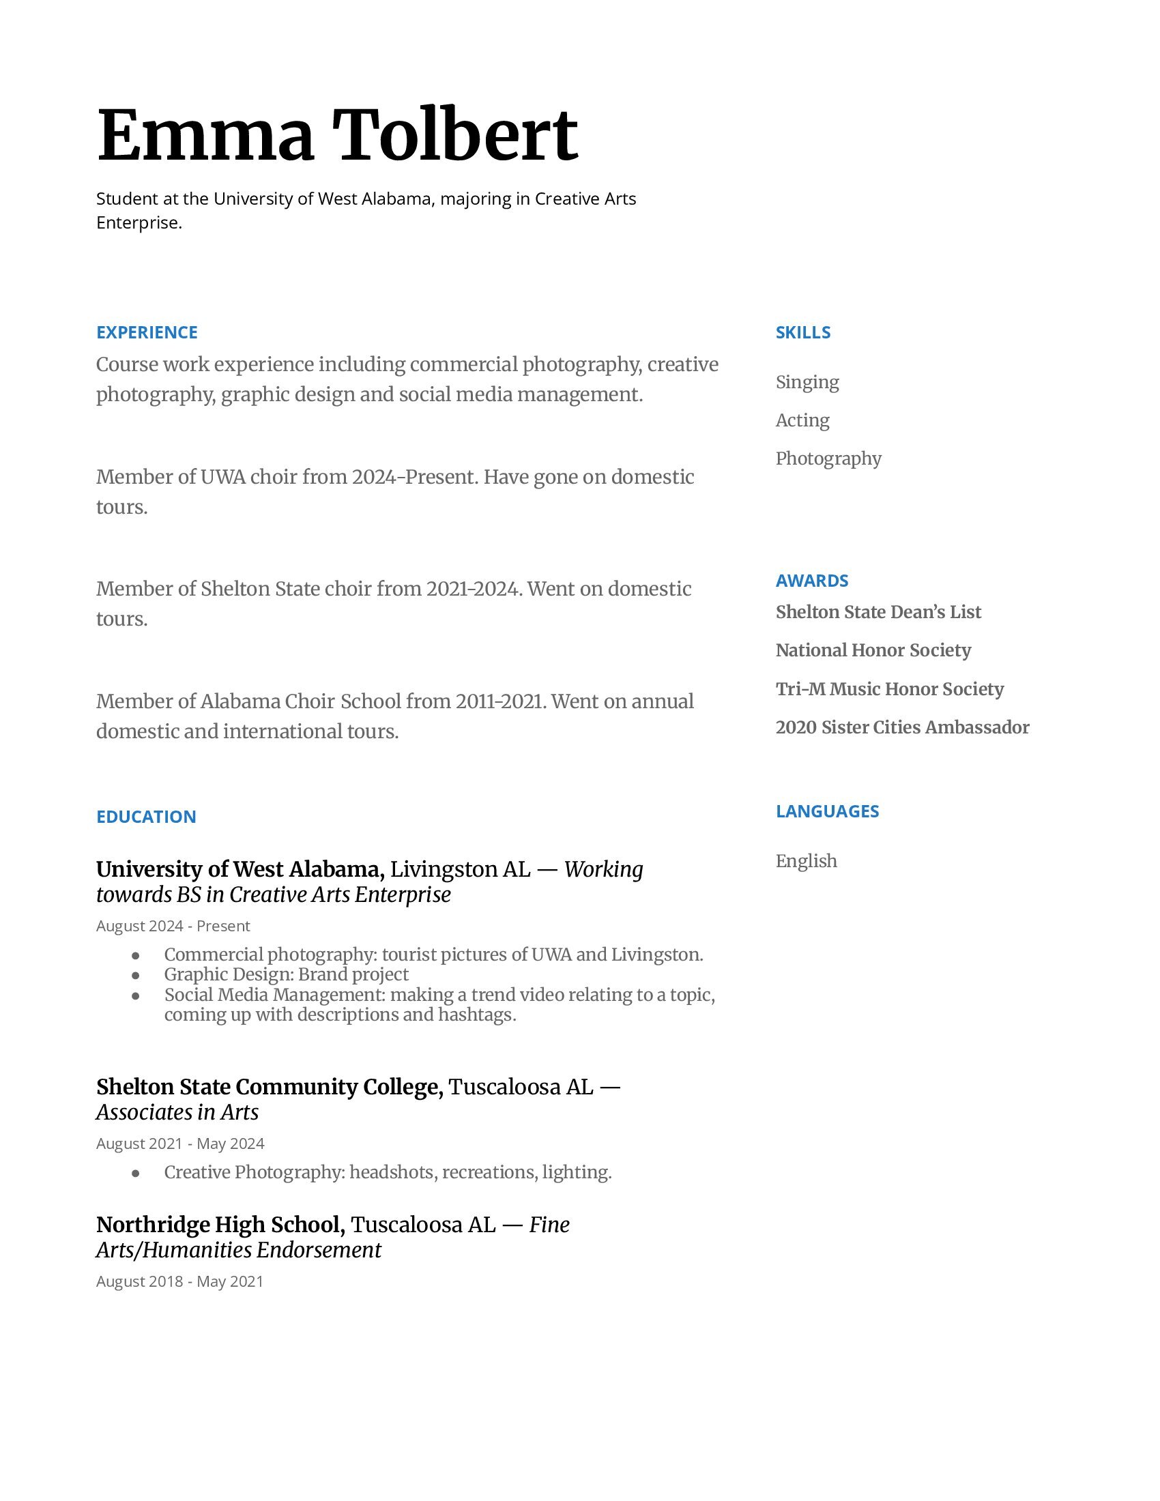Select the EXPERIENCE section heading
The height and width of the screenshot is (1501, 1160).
pyautogui.click(x=147, y=333)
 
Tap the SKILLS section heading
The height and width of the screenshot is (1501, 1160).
pyautogui.click(x=802, y=333)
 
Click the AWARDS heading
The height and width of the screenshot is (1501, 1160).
pyautogui.click(x=811, y=581)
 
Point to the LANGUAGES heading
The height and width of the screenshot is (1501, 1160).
pyautogui.click(x=827, y=811)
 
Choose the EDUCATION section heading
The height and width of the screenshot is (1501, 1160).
pyautogui.click(x=146, y=817)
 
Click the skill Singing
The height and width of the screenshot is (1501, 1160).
pyautogui.click(x=807, y=382)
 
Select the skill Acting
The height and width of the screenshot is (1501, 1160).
pyautogui.click(x=802, y=420)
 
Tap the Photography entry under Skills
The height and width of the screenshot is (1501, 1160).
pyautogui.click(x=828, y=458)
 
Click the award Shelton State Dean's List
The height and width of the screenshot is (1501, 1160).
pyautogui.click(x=878, y=612)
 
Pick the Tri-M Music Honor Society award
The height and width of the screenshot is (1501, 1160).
pyautogui.click(x=889, y=688)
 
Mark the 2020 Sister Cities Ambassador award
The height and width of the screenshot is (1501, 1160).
pyautogui.click(x=901, y=727)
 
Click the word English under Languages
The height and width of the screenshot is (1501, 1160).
pyautogui.click(x=806, y=861)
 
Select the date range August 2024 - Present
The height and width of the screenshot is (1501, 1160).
pyautogui.click(x=173, y=926)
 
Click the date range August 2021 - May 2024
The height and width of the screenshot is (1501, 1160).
pyautogui.click(x=180, y=1143)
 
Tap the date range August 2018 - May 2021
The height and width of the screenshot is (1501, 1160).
pyautogui.click(x=179, y=1281)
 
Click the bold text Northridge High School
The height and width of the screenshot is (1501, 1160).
pyautogui.click(x=220, y=1225)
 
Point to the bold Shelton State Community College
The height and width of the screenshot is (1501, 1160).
pyautogui.click(x=270, y=1087)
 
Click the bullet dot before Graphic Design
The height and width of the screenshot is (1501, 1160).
pyautogui.click(x=135, y=975)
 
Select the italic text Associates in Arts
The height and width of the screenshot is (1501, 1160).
pyautogui.click(x=177, y=1112)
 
